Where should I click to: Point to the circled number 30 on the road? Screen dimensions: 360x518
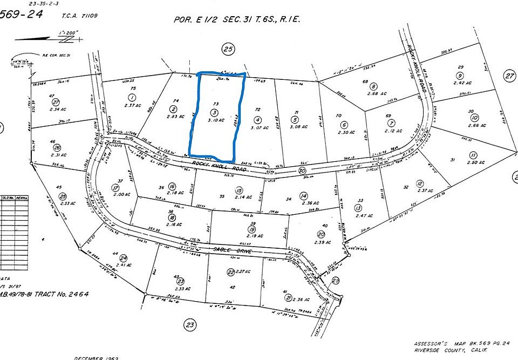301,171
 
